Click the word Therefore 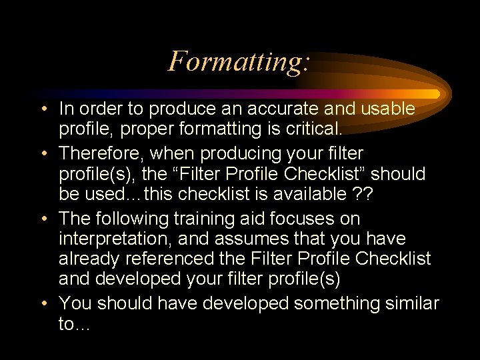tap(101, 154)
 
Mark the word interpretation tap(113, 239)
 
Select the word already tap(85, 258)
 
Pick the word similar tap(411, 303)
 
